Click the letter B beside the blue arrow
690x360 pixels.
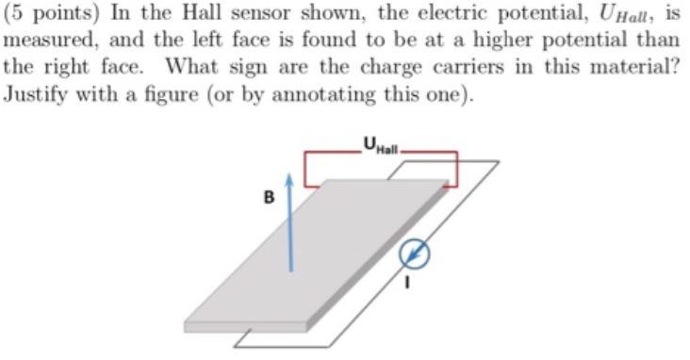pyautogui.click(x=270, y=199)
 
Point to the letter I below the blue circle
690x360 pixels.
pyautogui.click(x=408, y=281)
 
